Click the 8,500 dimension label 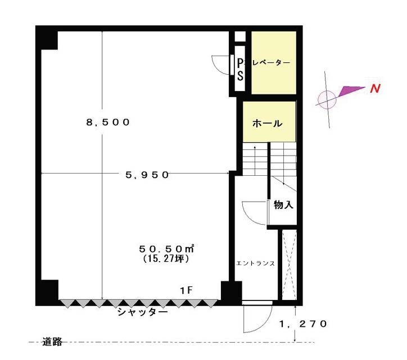108,122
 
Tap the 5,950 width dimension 147,175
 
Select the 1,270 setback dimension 302,324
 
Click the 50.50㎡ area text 166,249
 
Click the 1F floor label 186,290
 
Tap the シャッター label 142,312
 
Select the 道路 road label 52,341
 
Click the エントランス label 255,263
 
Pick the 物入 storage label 283,205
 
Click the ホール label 268,123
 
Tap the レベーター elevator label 271,63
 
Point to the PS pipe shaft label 241,69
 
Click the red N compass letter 375,89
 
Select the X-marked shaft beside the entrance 289,265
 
